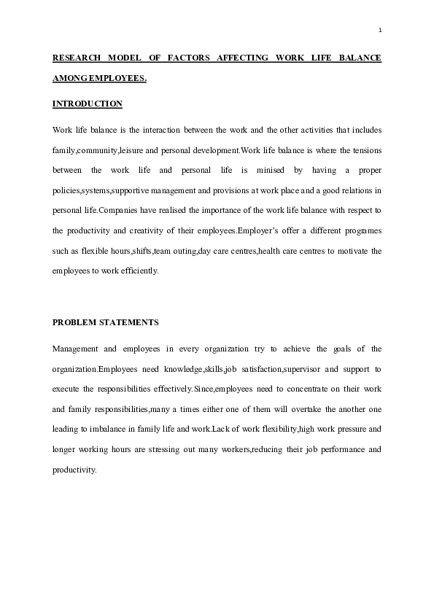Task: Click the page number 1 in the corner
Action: click(x=380, y=30)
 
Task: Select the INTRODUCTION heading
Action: click(x=88, y=104)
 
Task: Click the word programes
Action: click(x=358, y=230)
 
